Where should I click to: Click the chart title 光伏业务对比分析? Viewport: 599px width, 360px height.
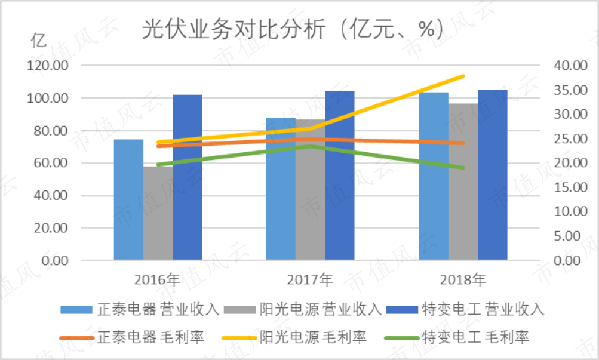[234, 29]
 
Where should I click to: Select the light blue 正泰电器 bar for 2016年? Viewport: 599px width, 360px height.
[129, 199]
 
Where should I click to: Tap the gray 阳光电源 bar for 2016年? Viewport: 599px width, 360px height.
[158, 213]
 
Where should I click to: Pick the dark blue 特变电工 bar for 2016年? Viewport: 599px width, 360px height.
[188, 177]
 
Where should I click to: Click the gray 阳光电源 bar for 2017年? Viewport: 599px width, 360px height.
[310, 190]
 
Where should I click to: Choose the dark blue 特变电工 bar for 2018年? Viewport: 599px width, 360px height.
[493, 175]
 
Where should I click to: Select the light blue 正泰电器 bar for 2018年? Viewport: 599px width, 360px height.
[434, 176]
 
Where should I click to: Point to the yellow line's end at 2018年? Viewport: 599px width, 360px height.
[463, 76]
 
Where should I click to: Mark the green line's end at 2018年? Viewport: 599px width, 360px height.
[463, 168]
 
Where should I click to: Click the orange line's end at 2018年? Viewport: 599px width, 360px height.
[463, 143]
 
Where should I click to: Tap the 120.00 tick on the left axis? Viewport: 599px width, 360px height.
[47, 66]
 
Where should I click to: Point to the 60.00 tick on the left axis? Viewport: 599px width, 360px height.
[51, 163]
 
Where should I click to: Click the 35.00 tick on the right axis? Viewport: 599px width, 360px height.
[571, 90]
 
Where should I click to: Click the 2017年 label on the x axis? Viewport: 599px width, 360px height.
[310, 280]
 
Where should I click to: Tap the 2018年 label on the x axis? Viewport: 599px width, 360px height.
[463, 280]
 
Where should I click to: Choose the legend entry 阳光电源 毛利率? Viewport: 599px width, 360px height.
[294, 337]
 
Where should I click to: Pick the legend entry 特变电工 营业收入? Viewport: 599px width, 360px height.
[465, 309]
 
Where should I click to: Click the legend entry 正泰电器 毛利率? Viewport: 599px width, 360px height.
[132, 337]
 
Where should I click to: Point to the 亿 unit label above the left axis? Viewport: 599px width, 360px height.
[39, 41]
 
